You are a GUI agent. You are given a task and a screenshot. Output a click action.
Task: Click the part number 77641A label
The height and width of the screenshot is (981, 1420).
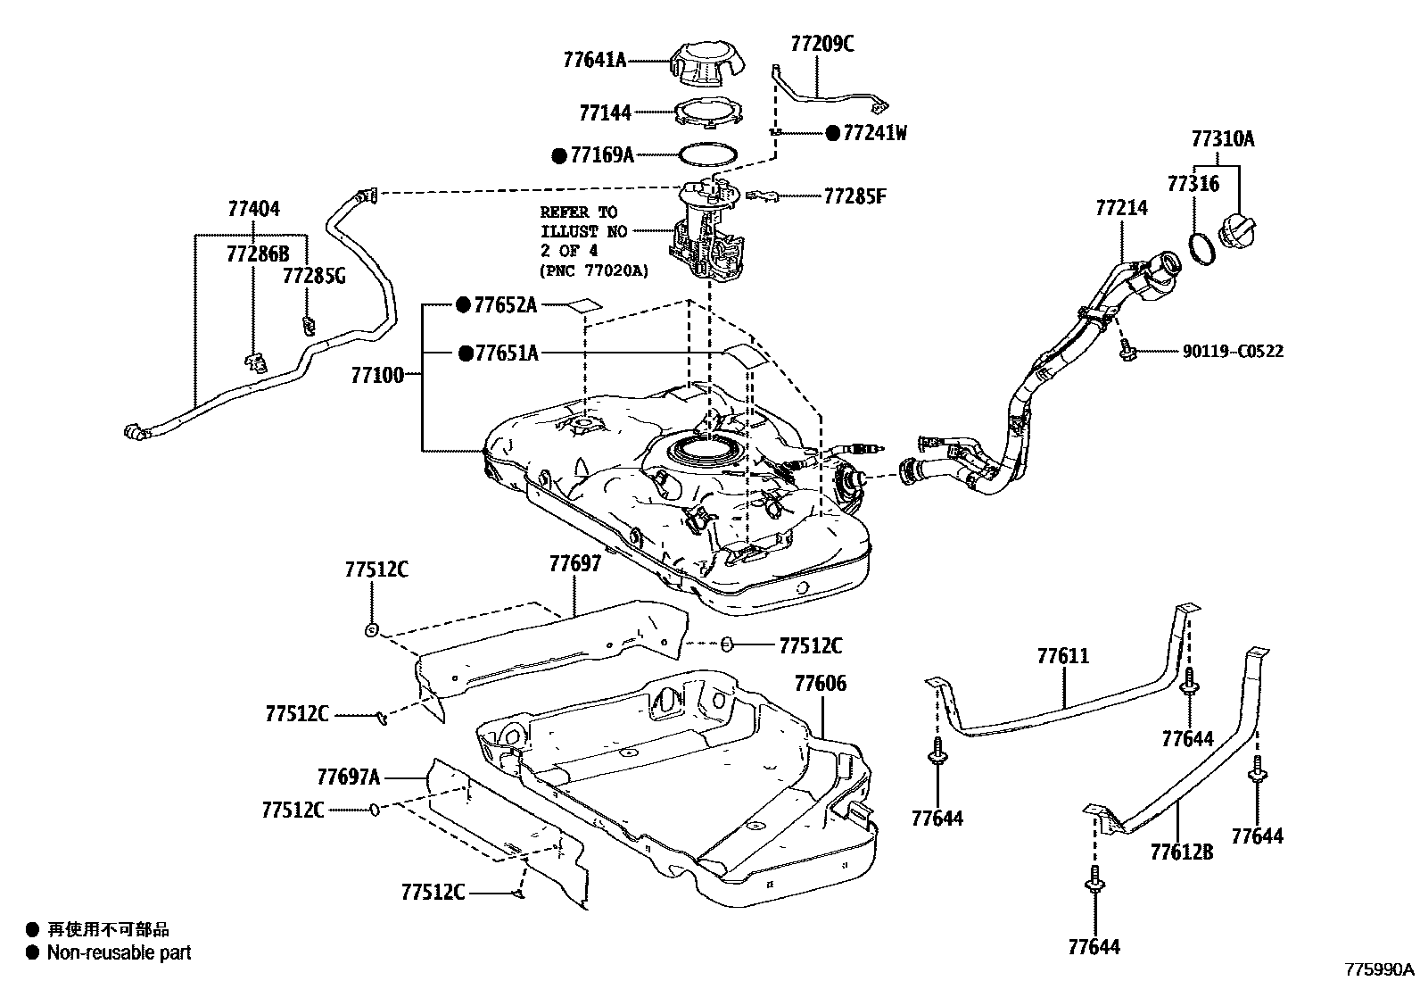594,61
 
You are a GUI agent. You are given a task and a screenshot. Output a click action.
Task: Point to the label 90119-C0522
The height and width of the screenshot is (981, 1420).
1233,352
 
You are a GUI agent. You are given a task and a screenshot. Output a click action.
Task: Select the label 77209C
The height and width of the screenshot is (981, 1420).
821,43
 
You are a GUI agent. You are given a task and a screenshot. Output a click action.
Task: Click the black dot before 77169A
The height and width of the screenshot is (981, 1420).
559,155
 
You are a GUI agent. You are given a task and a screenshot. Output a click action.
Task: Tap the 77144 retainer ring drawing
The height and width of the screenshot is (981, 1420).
708,113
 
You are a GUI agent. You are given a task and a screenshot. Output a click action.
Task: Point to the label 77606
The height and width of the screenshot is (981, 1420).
821,684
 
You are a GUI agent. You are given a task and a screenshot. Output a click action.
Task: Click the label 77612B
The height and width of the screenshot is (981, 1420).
1181,852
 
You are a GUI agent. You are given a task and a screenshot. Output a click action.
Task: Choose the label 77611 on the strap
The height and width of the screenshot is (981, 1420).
1063,657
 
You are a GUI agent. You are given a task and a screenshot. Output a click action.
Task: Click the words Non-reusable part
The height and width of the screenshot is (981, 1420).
119,953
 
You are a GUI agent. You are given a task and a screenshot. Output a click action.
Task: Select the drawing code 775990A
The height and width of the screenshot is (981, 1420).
1380,969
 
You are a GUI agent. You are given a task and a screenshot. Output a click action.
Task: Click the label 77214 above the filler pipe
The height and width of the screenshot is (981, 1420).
1121,208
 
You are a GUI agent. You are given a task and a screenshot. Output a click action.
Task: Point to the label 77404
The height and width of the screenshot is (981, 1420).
253,209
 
